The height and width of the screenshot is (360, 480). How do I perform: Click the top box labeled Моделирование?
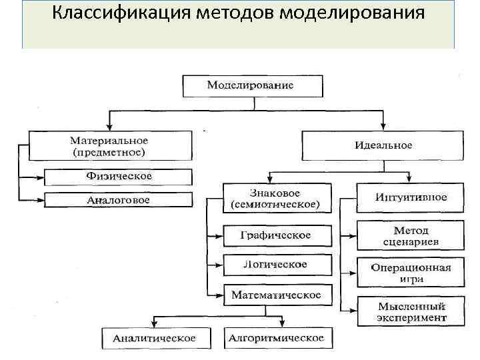251,86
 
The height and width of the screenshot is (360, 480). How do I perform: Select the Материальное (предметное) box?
109,146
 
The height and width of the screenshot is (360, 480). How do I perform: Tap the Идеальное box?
383,145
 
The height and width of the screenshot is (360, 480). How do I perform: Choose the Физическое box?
119,177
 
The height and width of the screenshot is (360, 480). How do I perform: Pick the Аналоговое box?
119,199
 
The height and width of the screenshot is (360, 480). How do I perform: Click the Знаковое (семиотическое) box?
275,198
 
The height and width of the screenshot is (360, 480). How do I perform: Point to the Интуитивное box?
410,197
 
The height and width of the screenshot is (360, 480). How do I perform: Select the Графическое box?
275,235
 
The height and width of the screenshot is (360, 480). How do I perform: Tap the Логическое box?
275,265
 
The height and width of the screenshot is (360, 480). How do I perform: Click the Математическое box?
275,294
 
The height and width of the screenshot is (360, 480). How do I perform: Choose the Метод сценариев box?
410,235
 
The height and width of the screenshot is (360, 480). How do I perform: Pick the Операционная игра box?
410,273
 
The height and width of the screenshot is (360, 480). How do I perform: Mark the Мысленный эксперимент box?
410,311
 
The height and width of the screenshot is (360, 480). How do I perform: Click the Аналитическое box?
154,338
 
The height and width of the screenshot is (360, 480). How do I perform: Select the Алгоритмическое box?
276,338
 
